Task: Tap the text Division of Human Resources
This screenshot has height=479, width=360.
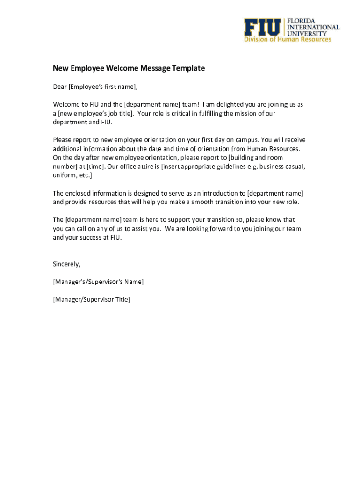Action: coord(288,39)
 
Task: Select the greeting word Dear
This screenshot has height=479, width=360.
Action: coord(60,87)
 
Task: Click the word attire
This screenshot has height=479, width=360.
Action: coord(145,166)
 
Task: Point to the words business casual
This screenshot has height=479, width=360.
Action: coord(282,166)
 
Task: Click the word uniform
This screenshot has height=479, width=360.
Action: coord(64,175)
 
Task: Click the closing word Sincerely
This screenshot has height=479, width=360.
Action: coord(66,264)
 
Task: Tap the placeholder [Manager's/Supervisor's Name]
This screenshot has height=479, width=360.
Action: coord(98,282)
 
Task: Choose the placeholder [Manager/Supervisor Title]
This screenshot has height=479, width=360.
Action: coord(91,299)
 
